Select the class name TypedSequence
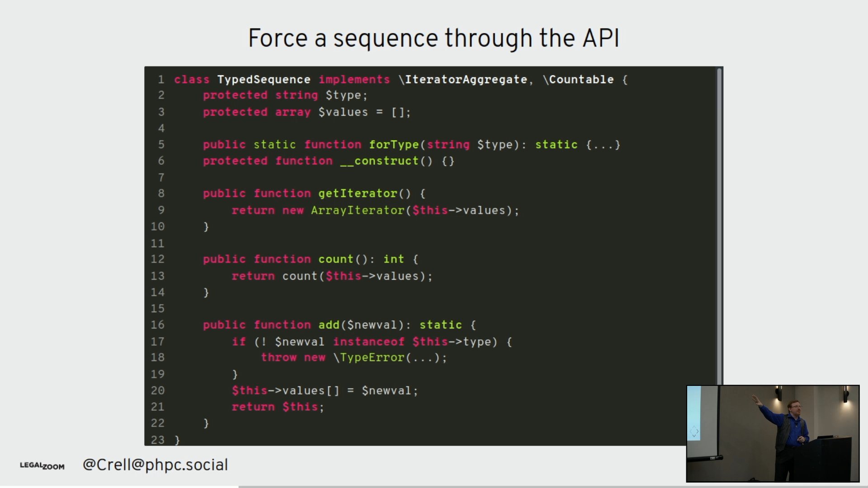pyautogui.click(x=264, y=80)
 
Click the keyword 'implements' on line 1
pyautogui.click(x=354, y=80)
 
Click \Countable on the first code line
pyautogui.click(x=578, y=80)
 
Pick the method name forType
pyautogui.click(x=394, y=145)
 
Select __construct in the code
pyautogui.click(x=379, y=161)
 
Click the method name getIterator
pyautogui.click(x=357, y=193)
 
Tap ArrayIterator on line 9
pyautogui.click(x=357, y=210)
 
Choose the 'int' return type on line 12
pyautogui.click(x=393, y=259)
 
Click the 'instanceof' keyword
pyautogui.click(x=368, y=342)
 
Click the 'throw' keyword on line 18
pyautogui.click(x=278, y=357)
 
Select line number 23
pyautogui.click(x=157, y=440)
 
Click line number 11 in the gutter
pyautogui.click(x=157, y=243)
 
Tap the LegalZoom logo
pyautogui.click(x=42, y=465)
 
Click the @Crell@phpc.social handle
pyautogui.click(x=155, y=465)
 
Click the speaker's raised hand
pyautogui.click(x=755, y=399)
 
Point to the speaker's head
pyautogui.click(x=794, y=408)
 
